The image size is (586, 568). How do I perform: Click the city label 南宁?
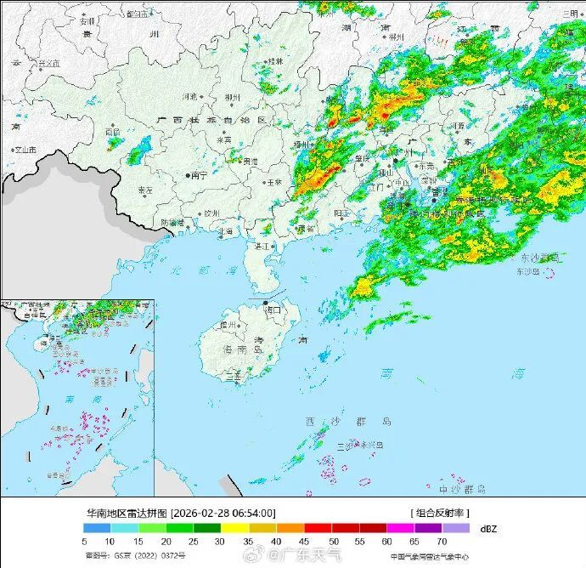[x=200, y=175]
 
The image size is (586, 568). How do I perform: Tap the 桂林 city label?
[x=275, y=61]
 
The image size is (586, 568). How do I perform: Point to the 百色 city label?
[x=113, y=132]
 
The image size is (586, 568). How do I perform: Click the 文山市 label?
[x=25, y=150]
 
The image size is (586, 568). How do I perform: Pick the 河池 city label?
[x=189, y=97]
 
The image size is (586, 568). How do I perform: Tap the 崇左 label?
[x=145, y=190]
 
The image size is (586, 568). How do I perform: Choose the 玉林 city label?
[x=274, y=182]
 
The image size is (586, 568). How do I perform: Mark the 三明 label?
[x=569, y=14]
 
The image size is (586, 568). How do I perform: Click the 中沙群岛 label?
[x=462, y=489]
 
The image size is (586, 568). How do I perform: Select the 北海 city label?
[x=226, y=230]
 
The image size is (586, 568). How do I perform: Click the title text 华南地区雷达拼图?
[x=127, y=513]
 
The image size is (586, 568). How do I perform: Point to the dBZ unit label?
[x=488, y=528]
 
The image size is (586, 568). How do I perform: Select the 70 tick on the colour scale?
[x=442, y=541]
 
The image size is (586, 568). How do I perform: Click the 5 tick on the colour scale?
[x=85, y=541]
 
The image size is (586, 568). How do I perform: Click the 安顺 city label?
[x=87, y=20]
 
